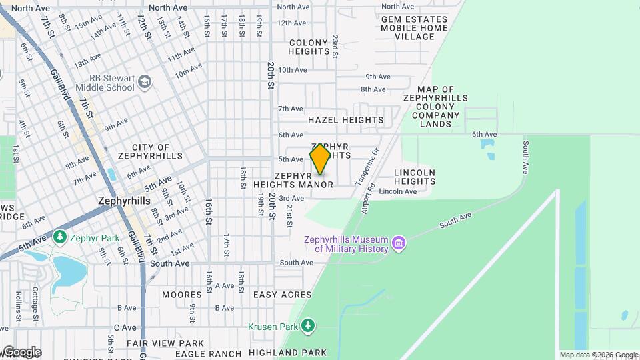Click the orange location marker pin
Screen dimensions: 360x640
pos(320,159)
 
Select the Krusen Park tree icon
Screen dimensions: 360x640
pos(307,326)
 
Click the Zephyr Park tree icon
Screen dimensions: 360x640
pos(60,237)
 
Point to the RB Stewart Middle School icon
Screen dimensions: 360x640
pos(145,82)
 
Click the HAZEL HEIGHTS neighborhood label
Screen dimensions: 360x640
pos(345,121)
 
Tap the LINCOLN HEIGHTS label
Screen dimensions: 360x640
pos(414,177)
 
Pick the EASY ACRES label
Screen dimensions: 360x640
pos(282,295)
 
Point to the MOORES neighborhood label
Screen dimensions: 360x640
pos(182,295)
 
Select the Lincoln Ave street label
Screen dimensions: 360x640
pos(397,192)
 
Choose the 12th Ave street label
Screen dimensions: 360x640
pos(291,23)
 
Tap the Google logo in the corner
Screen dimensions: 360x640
pos(21,352)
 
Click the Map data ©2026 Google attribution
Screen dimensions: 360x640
pos(598,355)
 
